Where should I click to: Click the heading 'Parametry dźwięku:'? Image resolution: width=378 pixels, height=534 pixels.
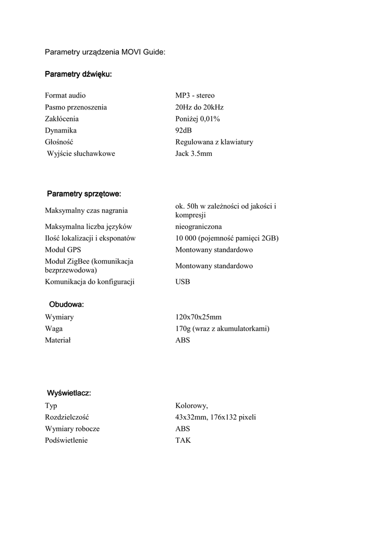[x=78, y=75]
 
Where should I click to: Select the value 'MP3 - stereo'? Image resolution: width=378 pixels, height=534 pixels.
[x=194, y=95]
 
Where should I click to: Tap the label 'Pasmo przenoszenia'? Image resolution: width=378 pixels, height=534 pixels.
[x=76, y=107]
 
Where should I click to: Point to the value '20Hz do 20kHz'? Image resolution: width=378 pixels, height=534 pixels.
[x=199, y=107]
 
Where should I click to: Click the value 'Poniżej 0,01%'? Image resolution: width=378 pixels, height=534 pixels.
[x=198, y=119]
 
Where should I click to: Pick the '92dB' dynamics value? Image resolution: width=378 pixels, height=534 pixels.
[x=184, y=130]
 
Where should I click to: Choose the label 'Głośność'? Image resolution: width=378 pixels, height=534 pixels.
[x=59, y=142]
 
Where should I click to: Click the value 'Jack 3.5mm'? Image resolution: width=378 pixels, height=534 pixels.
[x=193, y=153]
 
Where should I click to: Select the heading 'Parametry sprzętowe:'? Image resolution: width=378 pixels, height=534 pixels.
[x=84, y=194]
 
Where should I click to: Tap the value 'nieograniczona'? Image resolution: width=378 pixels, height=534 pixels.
[x=198, y=227]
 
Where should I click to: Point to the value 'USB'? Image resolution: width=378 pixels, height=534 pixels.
[x=182, y=282]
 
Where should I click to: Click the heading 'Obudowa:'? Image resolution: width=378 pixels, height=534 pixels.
[x=66, y=304]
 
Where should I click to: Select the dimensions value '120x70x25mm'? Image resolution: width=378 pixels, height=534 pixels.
[x=198, y=317]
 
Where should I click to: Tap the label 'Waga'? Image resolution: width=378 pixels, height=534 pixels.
[x=54, y=329]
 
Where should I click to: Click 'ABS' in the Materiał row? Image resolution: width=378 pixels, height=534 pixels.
[x=182, y=340]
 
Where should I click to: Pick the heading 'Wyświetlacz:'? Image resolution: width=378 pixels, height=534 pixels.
[x=69, y=393]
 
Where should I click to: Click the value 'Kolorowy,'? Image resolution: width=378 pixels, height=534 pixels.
[x=191, y=406]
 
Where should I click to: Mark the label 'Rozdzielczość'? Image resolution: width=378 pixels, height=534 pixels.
[x=67, y=417]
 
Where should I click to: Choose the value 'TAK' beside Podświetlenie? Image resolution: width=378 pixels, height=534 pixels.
[x=183, y=440]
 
